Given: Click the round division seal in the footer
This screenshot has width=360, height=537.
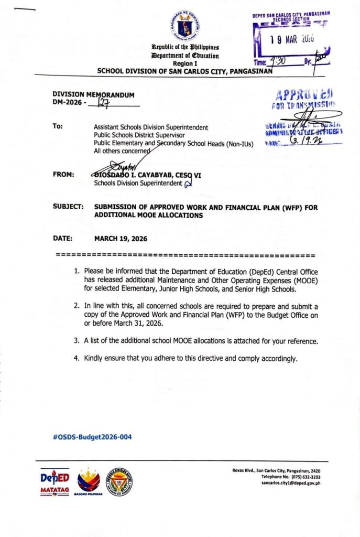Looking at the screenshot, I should (119, 481).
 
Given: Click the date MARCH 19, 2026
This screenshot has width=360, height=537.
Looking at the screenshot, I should (121, 239).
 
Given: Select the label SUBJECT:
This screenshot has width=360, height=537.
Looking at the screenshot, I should (68, 207).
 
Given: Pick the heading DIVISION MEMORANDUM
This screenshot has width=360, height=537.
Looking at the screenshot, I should (93, 95).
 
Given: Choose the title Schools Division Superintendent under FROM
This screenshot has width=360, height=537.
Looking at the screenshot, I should (137, 184).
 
